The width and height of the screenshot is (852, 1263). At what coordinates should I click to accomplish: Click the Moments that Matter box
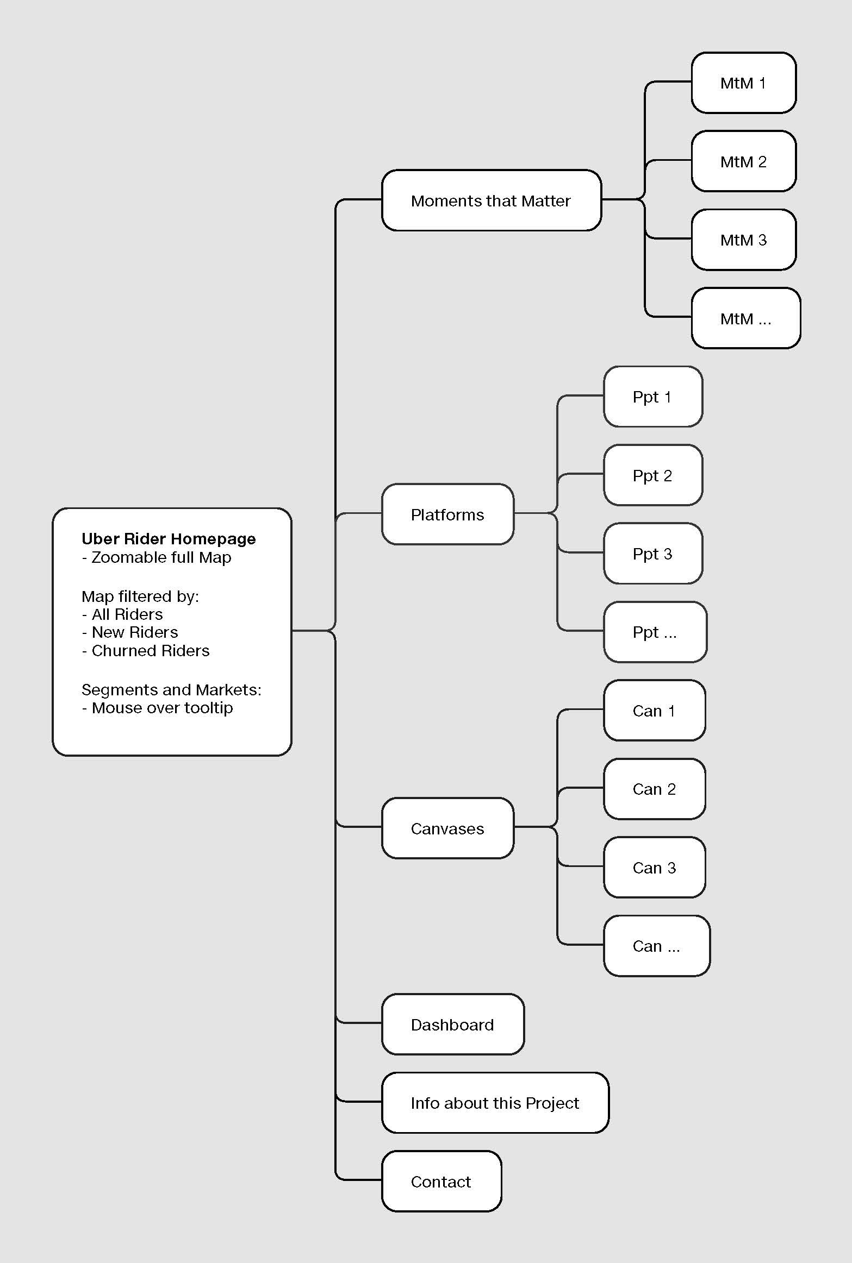492,200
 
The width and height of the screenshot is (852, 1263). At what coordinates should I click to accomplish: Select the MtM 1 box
744,83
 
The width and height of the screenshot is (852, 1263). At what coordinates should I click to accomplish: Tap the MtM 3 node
744,240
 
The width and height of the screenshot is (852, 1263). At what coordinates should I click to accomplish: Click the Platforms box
447,514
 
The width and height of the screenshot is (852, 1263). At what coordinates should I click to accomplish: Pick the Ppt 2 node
653,475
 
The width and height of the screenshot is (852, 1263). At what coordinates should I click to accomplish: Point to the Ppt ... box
655,632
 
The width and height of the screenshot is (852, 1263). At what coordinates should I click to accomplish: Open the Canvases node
447,828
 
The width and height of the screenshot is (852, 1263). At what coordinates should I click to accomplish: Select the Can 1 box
655,711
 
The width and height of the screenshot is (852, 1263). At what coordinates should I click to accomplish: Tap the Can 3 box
655,868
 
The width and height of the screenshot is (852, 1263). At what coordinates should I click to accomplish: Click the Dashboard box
453,1025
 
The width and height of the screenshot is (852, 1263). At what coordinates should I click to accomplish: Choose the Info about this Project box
495,1103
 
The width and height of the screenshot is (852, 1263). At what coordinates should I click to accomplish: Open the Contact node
441,1182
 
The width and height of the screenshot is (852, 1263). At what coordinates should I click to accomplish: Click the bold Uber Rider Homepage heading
169,538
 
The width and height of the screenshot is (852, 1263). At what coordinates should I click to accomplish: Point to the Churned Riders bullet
146,650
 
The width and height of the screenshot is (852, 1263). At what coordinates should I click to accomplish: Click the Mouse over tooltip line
158,708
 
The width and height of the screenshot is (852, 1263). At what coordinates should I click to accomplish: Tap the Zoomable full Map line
157,557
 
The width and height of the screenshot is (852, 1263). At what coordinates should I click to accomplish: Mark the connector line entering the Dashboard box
359,1022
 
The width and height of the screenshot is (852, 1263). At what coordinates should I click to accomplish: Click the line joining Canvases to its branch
536,827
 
